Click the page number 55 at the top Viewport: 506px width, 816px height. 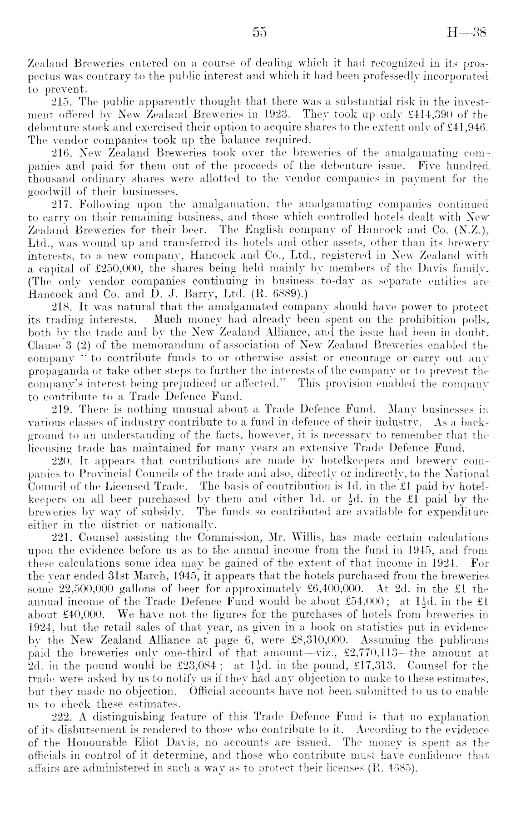259,32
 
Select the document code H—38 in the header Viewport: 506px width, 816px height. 466,32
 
